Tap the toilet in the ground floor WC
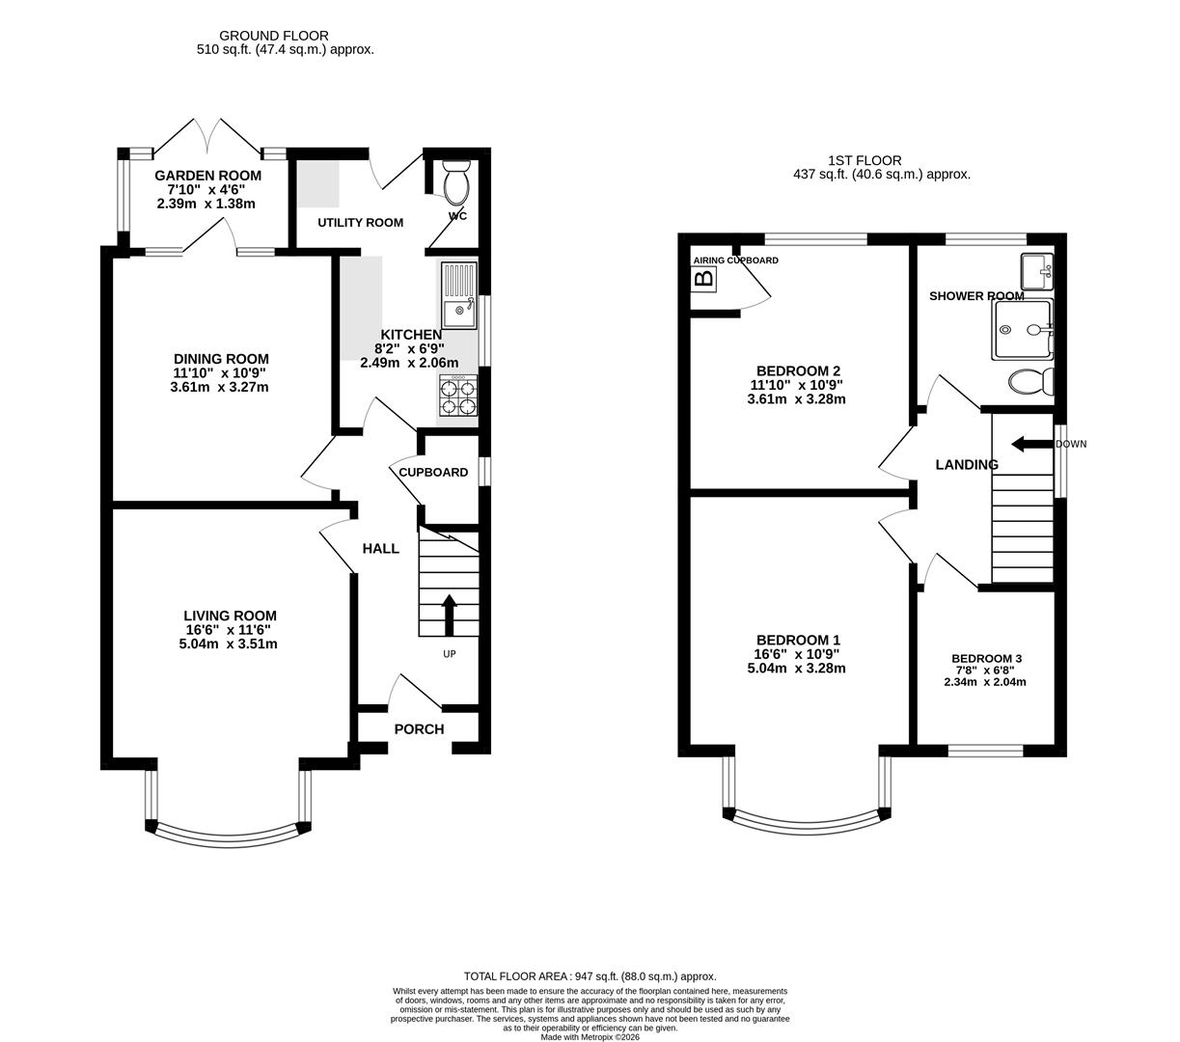[x=454, y=180]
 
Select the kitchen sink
[x=458, y=295]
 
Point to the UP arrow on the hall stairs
[x=449, y=615]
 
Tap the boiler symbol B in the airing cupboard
[x=704, y=280]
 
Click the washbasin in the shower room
[x=1038, y=272]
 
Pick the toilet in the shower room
[x=1030, y=382]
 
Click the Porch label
[x=419, y=729]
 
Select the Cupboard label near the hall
[x=433, y=473]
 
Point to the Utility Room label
[x=361, y=223]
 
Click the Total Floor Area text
[x=590, y=976]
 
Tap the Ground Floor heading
[x=274, y=36]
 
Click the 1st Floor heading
[x=864, y=161]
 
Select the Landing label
[x=967, y=465]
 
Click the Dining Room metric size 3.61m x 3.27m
[x=219, y=387]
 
